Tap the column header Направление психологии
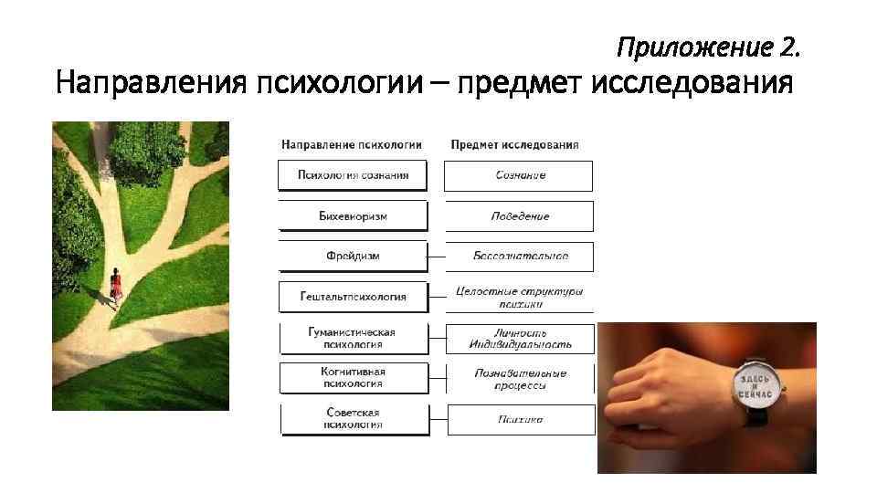point(352,145)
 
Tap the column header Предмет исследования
point(515,145)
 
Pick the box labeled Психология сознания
point(353,175)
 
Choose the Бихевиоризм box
point(353,216)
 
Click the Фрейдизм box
point(353,257)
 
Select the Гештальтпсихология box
point(353,297)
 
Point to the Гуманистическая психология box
point(353,339)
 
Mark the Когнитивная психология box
point(353,378)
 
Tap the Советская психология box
point(353,419)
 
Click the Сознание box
point(519,175)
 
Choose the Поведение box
point(519,216)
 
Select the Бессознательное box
point(519,257)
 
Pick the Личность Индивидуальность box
point(519,339)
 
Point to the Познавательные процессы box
point(519,379)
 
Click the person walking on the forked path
point(116,288)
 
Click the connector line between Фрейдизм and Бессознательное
point(437,257)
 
